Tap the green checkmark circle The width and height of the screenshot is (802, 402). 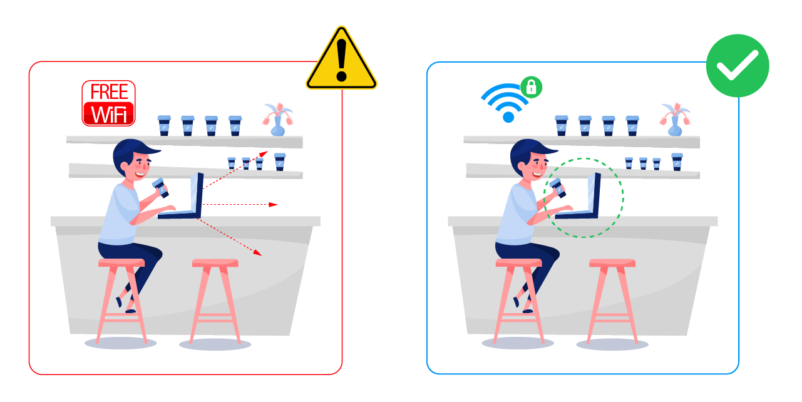pyautogui.click(x=738, y=66)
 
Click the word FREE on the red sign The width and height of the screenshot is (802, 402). pyautogui.click(x=109, y=91)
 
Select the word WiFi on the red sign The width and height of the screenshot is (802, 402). pyautogui.click(x=109, y=114)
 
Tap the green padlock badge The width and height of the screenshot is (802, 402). pyautogui.click(x=532, y=87)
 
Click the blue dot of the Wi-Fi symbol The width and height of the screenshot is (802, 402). pyautogui.click(x=508, y=117)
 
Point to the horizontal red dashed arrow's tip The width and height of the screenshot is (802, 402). pyautogui.click(x=277, y=204)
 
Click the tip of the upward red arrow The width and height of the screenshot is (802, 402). pyautogui.click(x=268, y=152)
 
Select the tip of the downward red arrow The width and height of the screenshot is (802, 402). pyautogui.click(x=262, y=255)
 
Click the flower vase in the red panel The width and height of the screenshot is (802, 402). pyautogui.click(x=277, y=120)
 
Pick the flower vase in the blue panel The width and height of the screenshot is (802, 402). pyautogui.click(x=675, y=120)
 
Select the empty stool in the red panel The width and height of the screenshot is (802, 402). pyautogui.click(x=215, y=301)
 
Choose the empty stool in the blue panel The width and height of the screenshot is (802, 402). pyautogui.click(x=612, y=301)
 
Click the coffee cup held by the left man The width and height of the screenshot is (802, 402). pyautogui.click(x=160, y=188)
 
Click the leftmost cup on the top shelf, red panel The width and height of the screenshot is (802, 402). pyautogui.click(x=164, y=125)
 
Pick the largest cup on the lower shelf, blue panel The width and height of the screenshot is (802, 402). pyautogui.click(x=677, y=162)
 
